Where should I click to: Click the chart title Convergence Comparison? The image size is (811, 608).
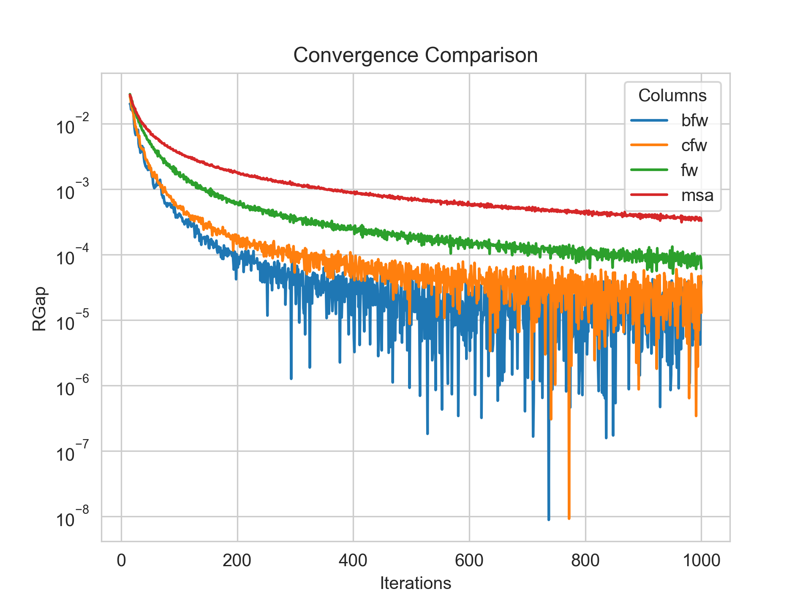click(415, 55)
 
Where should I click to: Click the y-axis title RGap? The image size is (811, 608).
click(39, 309)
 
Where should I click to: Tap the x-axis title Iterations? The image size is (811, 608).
click(415, 583)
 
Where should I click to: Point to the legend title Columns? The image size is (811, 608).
click(672, 96)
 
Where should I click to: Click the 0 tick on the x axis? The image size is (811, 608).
click(122, 560)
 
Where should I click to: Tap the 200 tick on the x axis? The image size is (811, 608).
click(237, 560)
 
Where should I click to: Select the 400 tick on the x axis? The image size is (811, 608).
click(353, 560)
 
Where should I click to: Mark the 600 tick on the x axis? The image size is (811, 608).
click(469, 560)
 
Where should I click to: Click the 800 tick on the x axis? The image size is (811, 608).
click(585, 560)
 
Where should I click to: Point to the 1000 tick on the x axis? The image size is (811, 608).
click(701, 560)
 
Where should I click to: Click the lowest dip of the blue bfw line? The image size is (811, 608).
click(549, 519)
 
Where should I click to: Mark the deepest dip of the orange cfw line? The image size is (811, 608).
click(569, 518)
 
